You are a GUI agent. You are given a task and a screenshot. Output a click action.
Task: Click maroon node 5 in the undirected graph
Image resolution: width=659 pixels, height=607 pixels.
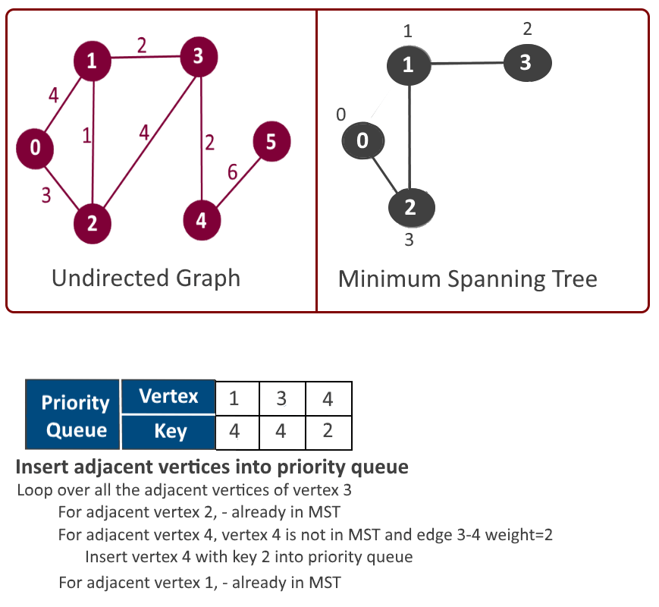270,142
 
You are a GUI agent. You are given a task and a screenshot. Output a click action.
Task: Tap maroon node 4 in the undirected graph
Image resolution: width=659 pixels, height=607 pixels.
202,221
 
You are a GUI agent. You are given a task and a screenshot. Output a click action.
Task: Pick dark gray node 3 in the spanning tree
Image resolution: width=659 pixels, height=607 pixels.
526,63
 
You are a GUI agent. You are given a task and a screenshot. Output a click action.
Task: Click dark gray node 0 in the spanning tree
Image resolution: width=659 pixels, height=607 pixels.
362,141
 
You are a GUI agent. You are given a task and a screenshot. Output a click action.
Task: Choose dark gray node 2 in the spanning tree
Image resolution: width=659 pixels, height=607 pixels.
411,207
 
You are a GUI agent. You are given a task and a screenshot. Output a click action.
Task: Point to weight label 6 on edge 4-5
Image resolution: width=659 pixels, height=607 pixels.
233,173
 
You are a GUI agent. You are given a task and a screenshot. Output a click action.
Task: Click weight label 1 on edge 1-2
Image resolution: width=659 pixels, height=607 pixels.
86,136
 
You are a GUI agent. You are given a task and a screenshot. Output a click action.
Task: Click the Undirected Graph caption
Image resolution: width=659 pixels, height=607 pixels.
146,278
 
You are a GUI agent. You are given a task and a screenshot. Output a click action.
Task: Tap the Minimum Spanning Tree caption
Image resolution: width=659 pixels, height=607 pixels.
467,278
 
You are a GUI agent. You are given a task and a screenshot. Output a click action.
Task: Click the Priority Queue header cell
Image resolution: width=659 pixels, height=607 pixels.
73,414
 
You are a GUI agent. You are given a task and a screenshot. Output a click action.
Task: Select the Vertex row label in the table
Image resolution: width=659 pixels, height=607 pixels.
168,397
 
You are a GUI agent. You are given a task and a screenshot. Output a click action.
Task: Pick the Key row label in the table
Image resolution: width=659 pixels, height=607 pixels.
168,432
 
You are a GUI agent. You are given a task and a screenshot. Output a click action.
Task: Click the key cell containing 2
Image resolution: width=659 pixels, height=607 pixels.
328,432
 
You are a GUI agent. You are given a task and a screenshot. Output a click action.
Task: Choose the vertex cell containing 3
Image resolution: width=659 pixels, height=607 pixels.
281,397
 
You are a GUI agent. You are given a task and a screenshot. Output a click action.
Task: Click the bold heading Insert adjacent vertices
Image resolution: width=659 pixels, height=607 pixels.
212,467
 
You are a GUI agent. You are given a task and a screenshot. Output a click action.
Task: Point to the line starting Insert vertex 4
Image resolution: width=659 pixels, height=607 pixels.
249,557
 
